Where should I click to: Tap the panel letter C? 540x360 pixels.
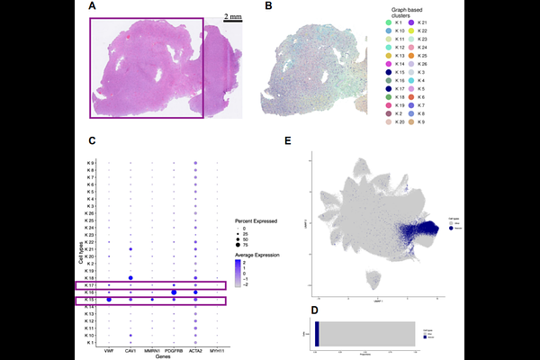[x=94, y=140]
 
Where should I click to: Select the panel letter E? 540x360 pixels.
[x=288, y=140]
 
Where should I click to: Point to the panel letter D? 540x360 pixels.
[x=312, y=312]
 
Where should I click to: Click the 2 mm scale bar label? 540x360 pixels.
[x=232, y=17]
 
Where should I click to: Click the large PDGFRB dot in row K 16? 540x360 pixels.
[x=174, y=292]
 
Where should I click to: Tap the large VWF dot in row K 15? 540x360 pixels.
[x=109, y=300]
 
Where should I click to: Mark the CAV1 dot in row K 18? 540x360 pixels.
[x=131, y=278]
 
